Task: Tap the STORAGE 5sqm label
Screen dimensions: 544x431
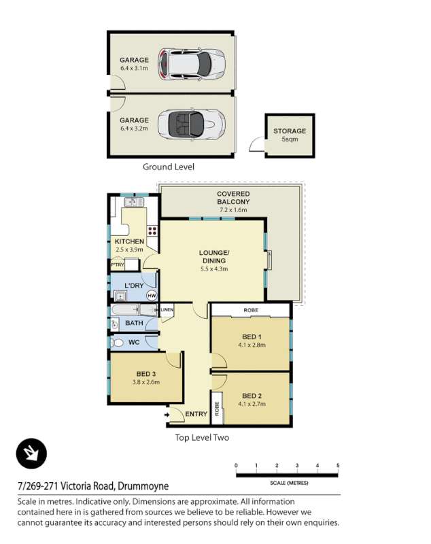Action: click(290, 135)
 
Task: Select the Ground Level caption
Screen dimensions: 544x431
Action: click(168, 167)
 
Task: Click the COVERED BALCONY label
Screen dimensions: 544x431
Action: click(233, 198)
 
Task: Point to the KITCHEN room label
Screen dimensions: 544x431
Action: click(128, 241)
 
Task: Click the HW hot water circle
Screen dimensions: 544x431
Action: click(151, 296)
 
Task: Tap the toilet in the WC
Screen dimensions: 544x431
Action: click(118, 343)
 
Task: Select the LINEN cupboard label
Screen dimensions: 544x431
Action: click(167, 311)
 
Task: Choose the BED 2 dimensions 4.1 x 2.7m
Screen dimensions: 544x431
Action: click(252, 405)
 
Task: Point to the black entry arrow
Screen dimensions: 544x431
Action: click(167, 413)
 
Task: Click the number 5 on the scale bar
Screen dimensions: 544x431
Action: click(338, 465)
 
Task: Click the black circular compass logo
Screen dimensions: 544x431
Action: click(31, 454)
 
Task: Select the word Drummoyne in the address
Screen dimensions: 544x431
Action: click(143, 486)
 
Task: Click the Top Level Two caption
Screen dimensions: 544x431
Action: click(202, 437)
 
